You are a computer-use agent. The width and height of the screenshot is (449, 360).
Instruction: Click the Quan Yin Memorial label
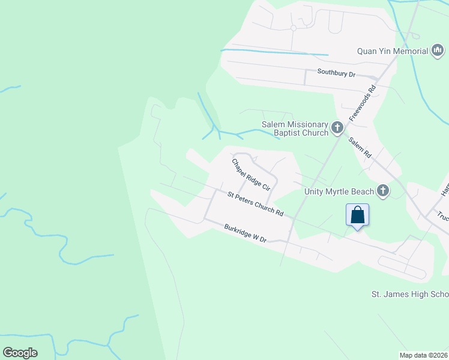tap(392, 51)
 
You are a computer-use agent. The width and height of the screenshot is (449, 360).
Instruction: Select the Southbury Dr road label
tap(337, 74)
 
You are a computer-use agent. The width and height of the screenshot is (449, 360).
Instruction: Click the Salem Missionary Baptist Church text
tap(295, 128)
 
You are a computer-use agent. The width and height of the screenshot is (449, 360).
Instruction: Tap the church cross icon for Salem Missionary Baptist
tap(337, 128)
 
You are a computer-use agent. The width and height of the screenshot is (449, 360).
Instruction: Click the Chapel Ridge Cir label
tap(251, 175)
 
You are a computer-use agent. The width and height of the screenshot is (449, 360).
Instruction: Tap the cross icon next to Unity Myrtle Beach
tap(382, 191)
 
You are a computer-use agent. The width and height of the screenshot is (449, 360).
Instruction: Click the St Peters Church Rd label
tap(255, 203)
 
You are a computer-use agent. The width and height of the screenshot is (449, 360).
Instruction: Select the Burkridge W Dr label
tap(245, 233)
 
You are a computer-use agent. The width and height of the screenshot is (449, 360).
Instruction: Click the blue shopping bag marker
tap(357, 215)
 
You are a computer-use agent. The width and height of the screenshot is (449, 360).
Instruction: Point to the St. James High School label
tap(409, 295)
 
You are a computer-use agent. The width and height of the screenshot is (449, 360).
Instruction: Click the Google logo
tap(20, 352)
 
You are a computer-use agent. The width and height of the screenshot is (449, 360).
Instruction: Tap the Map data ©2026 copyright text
tap(424, 355)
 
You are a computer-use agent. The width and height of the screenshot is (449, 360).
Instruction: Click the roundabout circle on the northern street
tap(294, 28)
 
